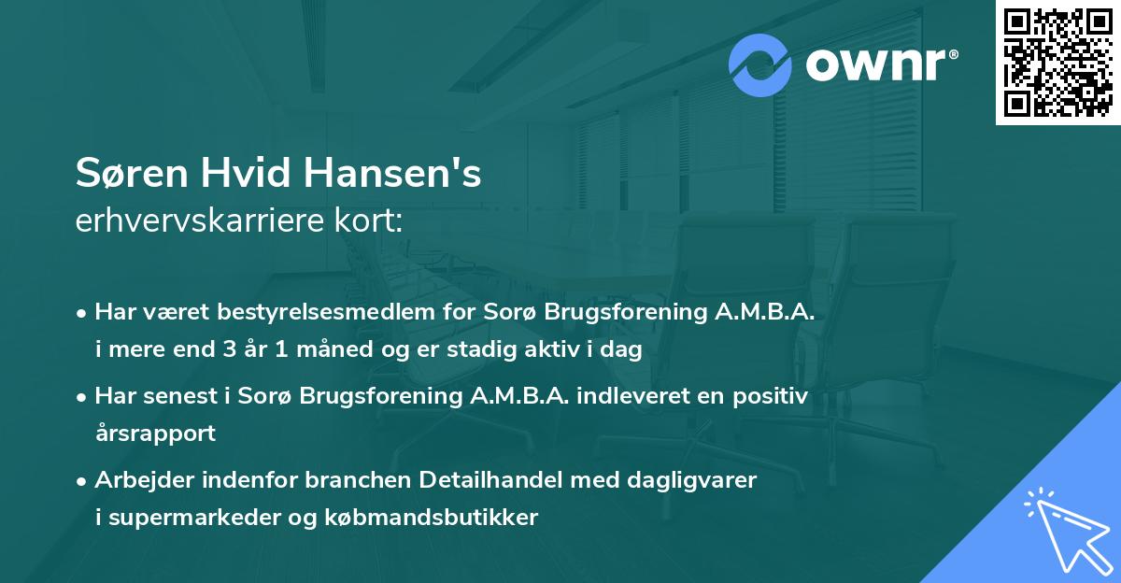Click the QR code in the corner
1057,63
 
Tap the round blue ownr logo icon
760,64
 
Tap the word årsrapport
155,434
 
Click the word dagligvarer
700,480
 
